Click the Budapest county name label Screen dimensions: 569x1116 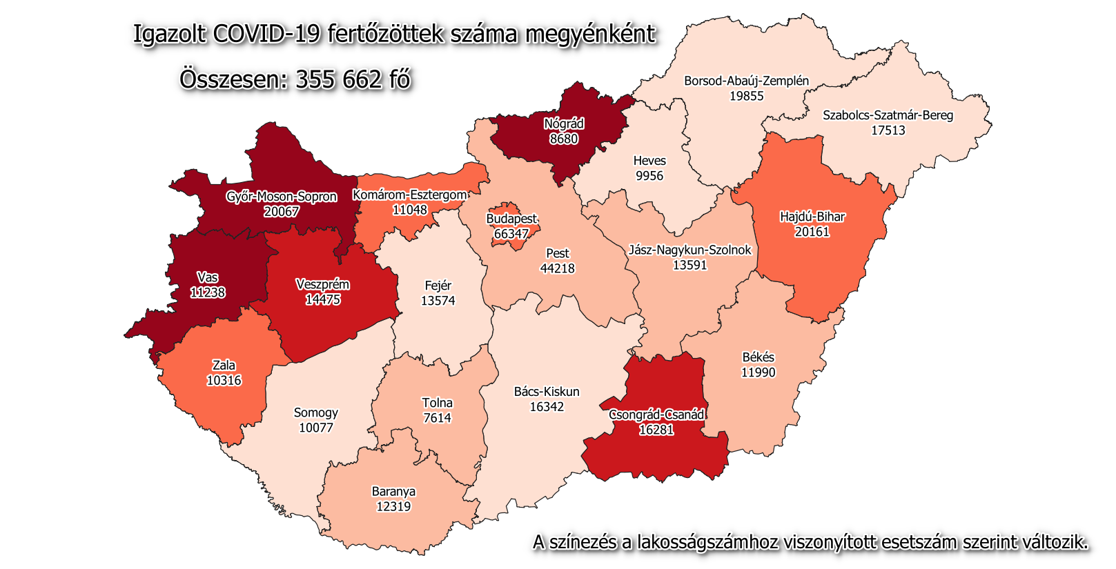pyautogui.click(x=511, y=219)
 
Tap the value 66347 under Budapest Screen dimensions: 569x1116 pyautogui.click(x=511, y=234)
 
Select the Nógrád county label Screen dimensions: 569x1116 pyautogui.click(x=564, y=124)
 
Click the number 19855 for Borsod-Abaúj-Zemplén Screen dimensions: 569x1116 pyautogui.click(x=747, y=96)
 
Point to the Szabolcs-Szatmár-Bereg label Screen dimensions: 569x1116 pyautogui.click(x=888, y=115)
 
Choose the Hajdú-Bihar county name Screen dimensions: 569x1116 pyautogui.click(x=812, y=217)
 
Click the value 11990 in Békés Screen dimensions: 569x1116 pyautogui.click(x=758, y=372)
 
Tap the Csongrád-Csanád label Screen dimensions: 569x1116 pyautogui.click(x=656, y=415)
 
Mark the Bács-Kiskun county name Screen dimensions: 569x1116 pyautogui.click(x=547, y=392)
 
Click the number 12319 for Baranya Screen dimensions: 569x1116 pyautogui.click(x=393, y=506)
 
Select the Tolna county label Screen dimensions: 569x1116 pyautogui.click(x=438, y=403)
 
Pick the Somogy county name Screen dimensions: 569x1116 pyautogui.click(x=316, y=412)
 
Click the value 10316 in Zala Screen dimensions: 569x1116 pyautogui.click(x=224, y=380)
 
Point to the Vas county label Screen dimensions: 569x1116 pyautogui.click(x=208, y=277)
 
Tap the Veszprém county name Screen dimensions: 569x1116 pyautogui.click(x=322, y=284)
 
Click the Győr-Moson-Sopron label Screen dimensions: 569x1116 pyautogui.click(x=282, y=197)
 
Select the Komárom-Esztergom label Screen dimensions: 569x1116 pyautogui.click(x=410, y=194)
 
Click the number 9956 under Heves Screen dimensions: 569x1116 pyautogui.click(x=649, y=176)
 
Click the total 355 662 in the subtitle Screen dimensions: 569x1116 pyautogui.click(x=338, y=79)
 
